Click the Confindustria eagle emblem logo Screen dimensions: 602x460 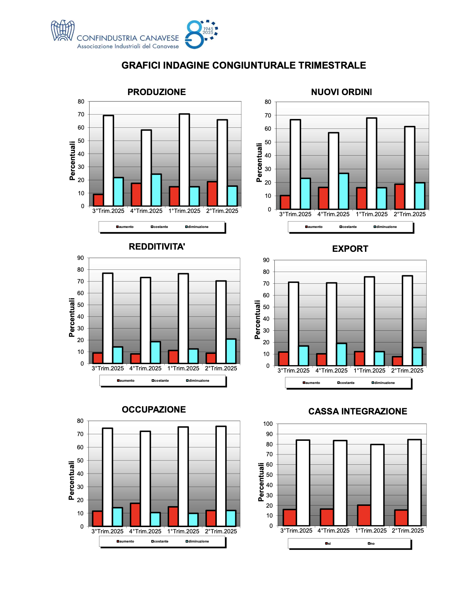point(62,31)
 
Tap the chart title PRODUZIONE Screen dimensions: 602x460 point(157,92)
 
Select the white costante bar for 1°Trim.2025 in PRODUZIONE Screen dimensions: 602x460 point(184,160)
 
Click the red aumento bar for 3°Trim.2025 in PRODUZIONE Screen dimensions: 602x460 point(98,200)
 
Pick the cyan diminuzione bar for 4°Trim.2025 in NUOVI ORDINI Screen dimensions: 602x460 point(344,191)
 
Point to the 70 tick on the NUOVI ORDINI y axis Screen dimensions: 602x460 point(268,115)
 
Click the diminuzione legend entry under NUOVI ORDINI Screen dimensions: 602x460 point(386,227)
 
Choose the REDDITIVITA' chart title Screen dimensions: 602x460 point(157,247)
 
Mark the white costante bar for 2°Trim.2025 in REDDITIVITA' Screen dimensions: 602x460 point(221,322)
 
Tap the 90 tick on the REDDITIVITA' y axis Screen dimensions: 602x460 point(81,258)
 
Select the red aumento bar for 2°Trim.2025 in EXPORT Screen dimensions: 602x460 point(397,361)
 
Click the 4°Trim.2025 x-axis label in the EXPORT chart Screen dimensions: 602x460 point(331,371)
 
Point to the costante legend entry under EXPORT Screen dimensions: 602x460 point(346,383)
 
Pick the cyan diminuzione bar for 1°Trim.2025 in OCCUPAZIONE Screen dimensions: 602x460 point(193,520)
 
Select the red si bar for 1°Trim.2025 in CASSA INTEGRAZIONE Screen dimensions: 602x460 point(364,515)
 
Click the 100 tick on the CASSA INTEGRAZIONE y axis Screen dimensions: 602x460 point(268,424)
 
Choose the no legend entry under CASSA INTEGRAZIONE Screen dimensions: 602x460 point(371,544)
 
